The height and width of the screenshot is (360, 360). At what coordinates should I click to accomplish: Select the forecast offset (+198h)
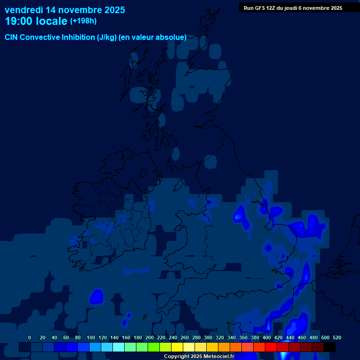point(83,21)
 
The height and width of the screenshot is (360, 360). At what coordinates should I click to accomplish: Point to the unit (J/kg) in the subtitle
point(107,37)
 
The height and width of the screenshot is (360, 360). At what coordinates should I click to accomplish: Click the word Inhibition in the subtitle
point(77,37)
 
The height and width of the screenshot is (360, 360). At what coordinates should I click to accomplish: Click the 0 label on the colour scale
point(30,338)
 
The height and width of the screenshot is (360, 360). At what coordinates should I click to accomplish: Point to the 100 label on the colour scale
point(91,338)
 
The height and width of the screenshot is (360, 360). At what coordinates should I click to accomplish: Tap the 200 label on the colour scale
point(150,338)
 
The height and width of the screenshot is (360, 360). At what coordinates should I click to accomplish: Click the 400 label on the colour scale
point(267,338)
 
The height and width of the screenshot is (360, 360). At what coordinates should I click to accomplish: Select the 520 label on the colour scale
point(337,338)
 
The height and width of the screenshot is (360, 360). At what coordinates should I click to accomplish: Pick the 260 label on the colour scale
point(185,338)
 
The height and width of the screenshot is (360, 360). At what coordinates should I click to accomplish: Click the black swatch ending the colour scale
point(330,347)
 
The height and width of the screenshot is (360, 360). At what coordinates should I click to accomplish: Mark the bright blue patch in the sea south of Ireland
point(97,296)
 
